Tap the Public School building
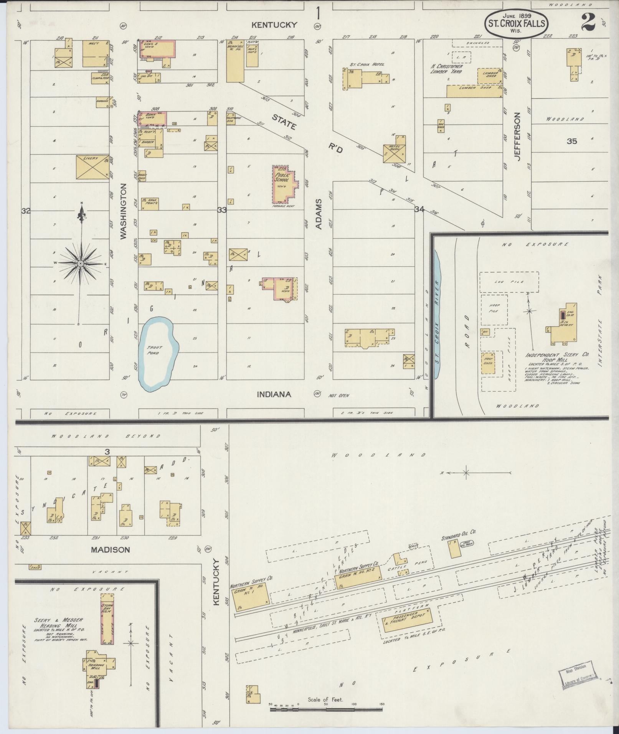pos(284,184)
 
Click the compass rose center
pos(81,264)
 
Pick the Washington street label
pos(124,211)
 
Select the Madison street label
pos(111,549)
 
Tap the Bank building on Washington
pos(152,119)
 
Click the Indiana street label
pos(274,394)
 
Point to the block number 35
pos(571,141)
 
